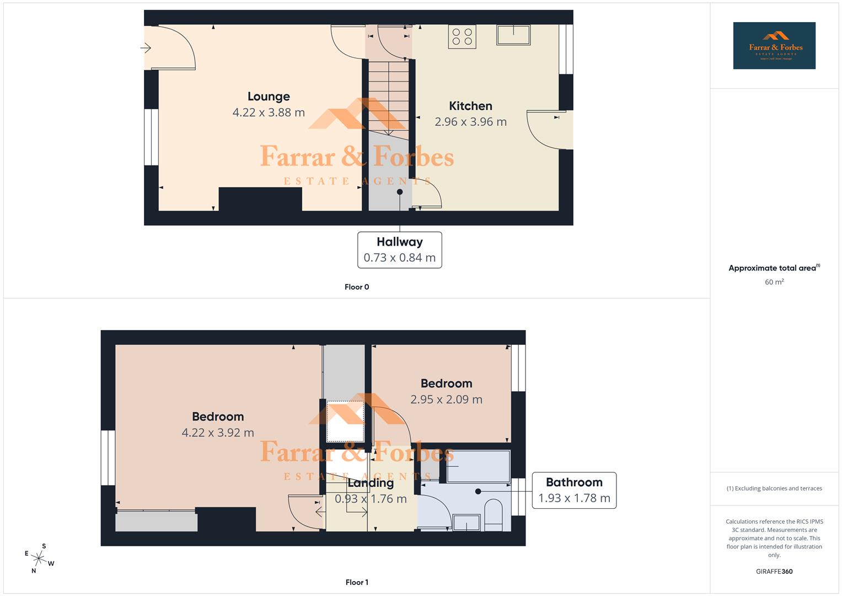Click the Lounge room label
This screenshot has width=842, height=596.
point(269,97)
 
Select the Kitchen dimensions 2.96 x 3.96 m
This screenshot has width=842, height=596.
point(470,122)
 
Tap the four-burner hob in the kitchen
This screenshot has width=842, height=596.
point(462,36)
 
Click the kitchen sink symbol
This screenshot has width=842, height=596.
point(513,35)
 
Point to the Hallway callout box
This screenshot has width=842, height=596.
point(399,250)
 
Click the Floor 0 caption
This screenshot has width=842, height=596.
point(357,287)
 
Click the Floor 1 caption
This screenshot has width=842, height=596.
point(357,582)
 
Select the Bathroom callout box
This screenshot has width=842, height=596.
point(574,490)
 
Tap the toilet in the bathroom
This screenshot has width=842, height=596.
point(494,515)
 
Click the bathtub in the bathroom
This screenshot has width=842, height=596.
point(478,467)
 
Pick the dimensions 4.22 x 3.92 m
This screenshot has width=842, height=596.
point(218,433)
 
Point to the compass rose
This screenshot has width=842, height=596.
point(39,558)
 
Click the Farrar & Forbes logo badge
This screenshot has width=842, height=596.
point(774,46)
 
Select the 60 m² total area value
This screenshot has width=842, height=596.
point(774,282)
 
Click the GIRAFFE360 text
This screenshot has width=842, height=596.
point(774,571)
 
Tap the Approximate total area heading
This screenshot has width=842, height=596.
point(773,268)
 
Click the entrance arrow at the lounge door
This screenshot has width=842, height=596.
point(146,49)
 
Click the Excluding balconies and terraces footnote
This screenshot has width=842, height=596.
point(774,488)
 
